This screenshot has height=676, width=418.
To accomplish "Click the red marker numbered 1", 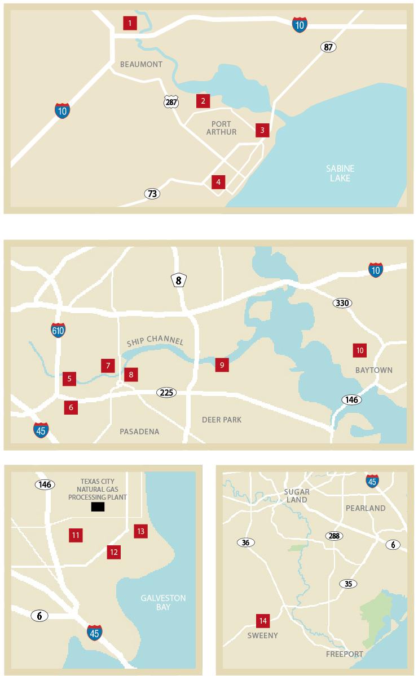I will (130, 23).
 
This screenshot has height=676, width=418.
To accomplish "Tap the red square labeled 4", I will (218, 182).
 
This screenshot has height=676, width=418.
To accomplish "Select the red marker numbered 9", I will (222, 365).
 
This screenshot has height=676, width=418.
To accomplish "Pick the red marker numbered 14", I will (262, 621).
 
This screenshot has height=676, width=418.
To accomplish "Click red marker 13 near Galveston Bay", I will (140, 531).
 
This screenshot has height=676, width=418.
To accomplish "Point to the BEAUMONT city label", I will (141, 64).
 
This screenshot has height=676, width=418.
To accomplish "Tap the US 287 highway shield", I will (171, 101).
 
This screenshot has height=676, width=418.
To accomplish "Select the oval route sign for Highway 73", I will (152, 194).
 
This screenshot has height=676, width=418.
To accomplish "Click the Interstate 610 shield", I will (58, 330).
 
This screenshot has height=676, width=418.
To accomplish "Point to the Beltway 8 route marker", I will (179, 280).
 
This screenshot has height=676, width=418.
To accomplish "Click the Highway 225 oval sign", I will (166, 392).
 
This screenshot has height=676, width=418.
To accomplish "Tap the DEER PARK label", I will (222, 420).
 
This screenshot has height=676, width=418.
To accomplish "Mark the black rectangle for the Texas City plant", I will (98, 507).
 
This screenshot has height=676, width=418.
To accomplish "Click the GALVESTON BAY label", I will (163, 603).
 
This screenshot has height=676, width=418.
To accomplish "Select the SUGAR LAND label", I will (296, 496).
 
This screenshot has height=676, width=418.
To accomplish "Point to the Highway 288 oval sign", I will (333, 536).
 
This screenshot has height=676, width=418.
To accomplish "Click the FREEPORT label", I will (345, 654).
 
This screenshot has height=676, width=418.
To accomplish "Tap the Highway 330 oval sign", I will (342, 303).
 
